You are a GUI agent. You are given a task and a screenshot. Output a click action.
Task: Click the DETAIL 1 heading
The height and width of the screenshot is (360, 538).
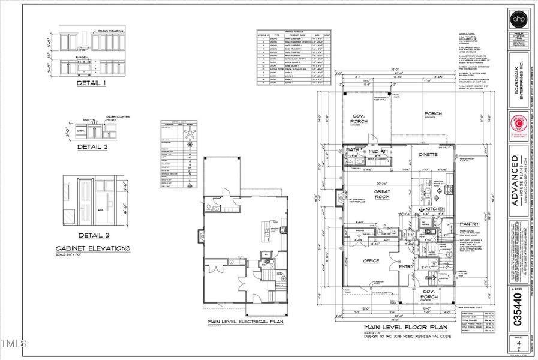point(91,83)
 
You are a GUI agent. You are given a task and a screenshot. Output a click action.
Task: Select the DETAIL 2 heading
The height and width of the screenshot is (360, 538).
point(91,146)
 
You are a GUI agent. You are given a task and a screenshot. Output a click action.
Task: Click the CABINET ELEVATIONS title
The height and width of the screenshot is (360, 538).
point(92,248)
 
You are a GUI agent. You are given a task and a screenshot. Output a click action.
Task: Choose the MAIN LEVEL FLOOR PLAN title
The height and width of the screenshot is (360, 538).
point(405,328)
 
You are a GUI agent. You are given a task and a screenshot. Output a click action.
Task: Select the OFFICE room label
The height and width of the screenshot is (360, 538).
point(372,261)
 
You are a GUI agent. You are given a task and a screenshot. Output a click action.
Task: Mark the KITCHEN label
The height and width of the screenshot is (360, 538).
point(435,208)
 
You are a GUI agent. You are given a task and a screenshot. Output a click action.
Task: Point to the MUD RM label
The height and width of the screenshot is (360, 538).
point(381,152)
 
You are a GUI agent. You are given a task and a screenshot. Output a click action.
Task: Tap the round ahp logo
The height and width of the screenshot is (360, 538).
point(517,19)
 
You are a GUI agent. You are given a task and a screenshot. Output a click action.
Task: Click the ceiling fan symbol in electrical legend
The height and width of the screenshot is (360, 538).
point(191,132)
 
